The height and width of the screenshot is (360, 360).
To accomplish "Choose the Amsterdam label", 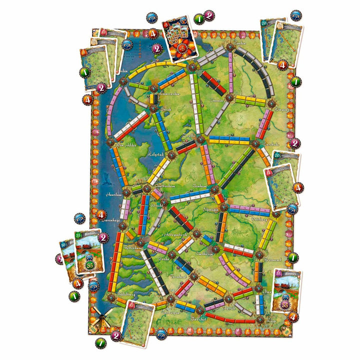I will point(167,185).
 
